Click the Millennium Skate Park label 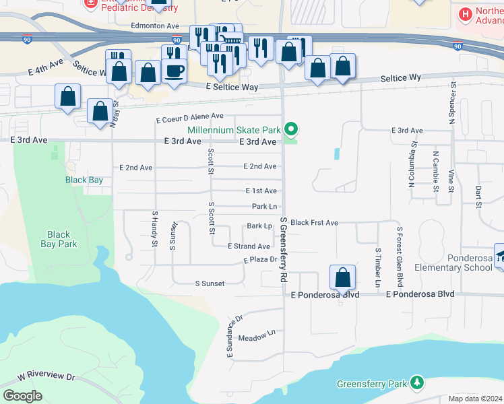[x=234, y=129]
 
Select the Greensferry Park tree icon [x=418, y=383]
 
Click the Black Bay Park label [x=59, y=240]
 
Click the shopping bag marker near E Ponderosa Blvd [x=342, y=277]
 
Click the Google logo [x=22, y=396]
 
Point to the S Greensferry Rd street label [x=284, y=250]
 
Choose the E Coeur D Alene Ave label [x=189, y=118]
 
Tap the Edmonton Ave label [x=155, y=26]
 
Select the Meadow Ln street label [x=257, y=334]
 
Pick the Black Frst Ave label [x=314, y=222]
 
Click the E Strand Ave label [x=249, y=246]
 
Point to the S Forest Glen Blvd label [x=400, y=252]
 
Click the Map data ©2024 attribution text [x=476, y=399]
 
